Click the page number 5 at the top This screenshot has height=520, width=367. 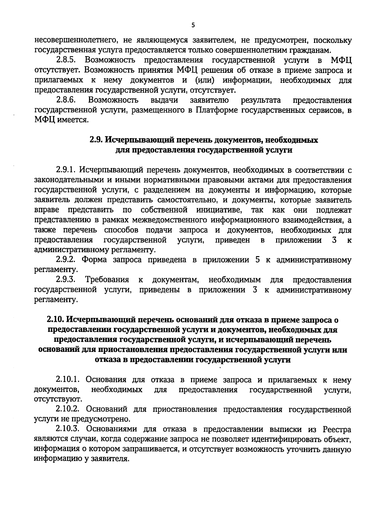(193, 25)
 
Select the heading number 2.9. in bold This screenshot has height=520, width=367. (96, 140)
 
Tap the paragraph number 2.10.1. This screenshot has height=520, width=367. (68, 380)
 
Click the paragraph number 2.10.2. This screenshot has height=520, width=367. (68, 410)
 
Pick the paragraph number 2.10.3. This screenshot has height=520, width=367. (68, 430)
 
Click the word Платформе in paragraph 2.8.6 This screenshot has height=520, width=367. (218, 110)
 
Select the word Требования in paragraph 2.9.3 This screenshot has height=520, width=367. (107, 280)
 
